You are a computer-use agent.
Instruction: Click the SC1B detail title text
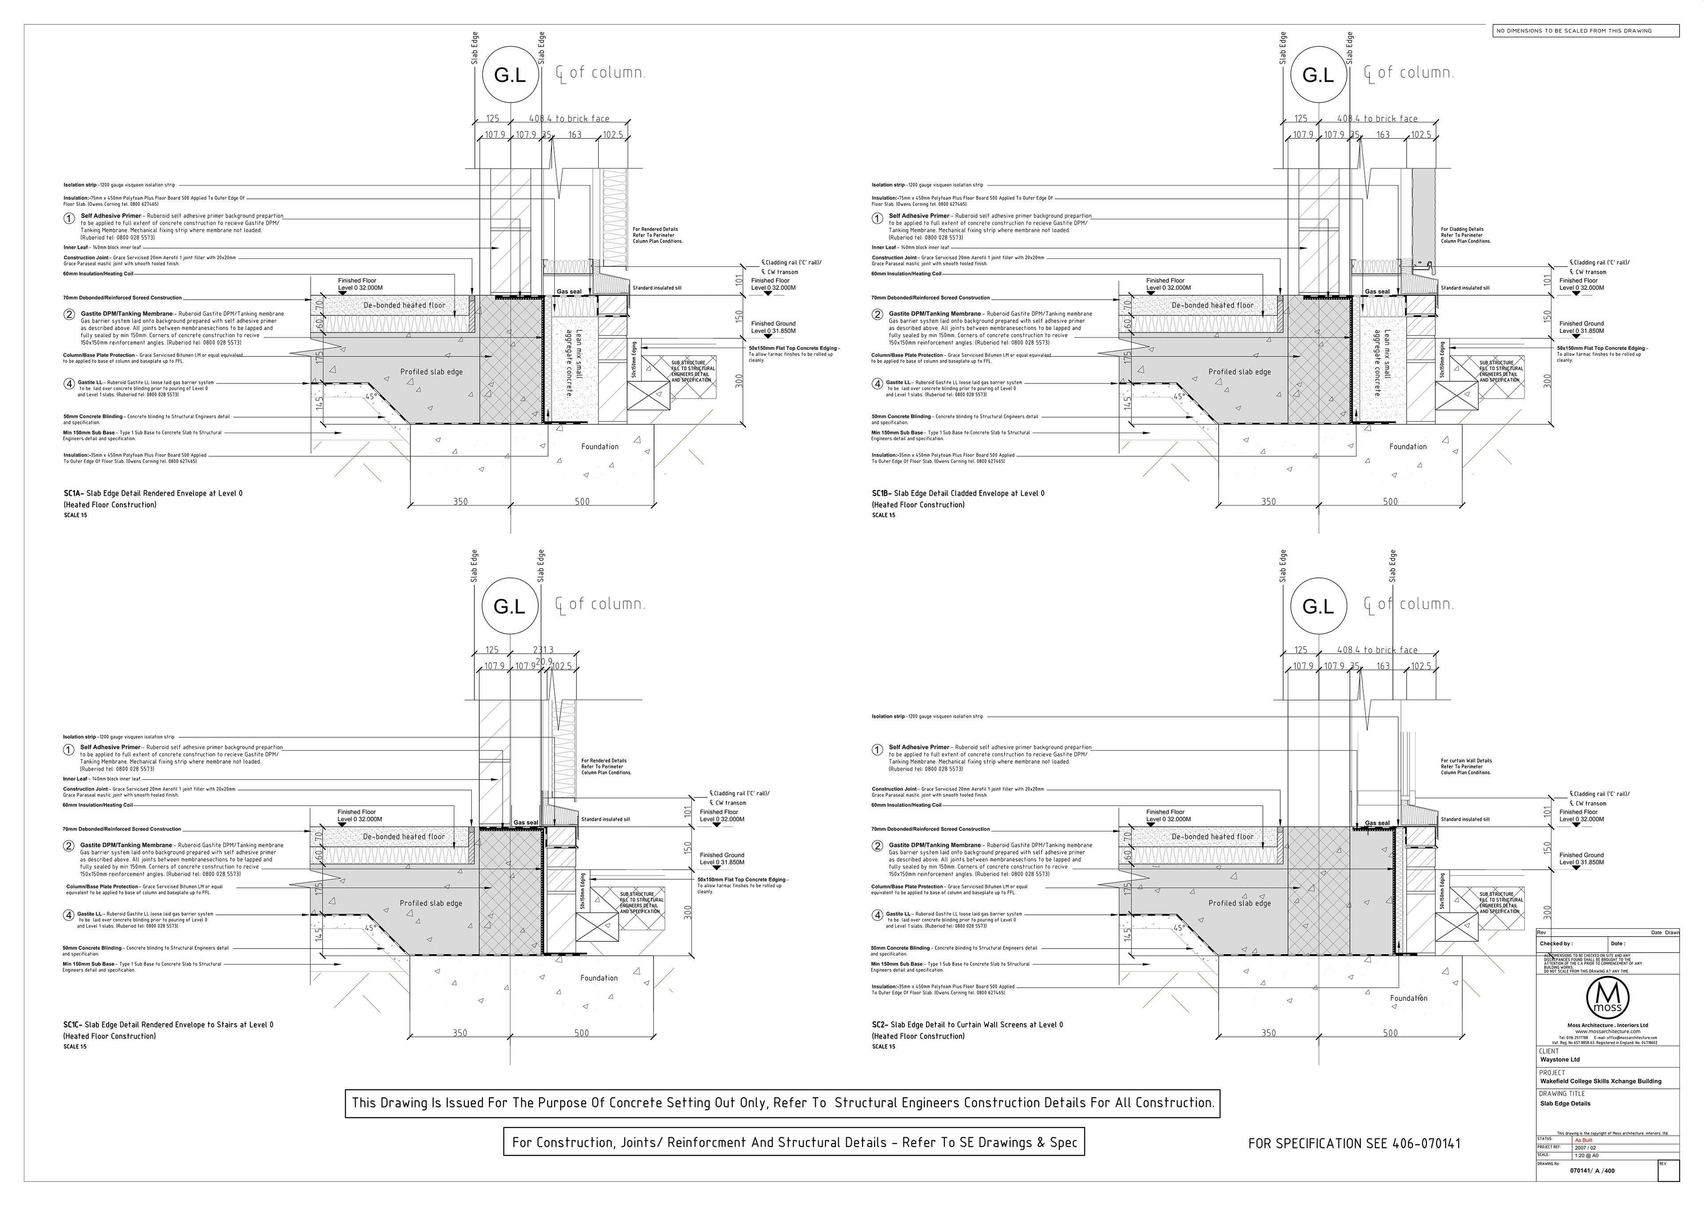[x=958, y=493]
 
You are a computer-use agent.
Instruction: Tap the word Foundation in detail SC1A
[x=600, y=446]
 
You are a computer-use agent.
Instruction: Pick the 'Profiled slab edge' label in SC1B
[x=1239, y=372]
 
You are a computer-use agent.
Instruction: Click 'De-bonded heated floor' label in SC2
[x=1212, y=837]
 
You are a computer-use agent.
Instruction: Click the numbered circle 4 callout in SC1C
[x=69, y=915]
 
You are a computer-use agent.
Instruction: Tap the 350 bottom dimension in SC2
[x=1269, y=1033]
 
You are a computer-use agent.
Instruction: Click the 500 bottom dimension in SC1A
[x=582, y=501]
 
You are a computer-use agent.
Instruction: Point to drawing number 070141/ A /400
[x=1591, y=1192]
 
